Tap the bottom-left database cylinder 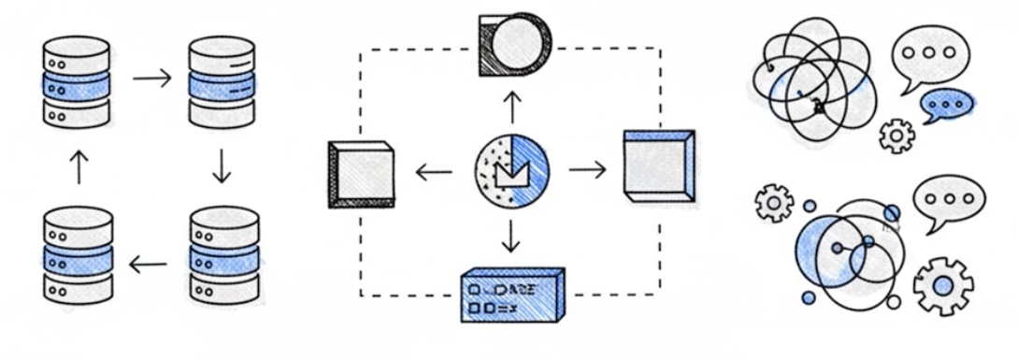79,254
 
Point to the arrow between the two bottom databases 148,265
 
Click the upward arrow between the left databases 79,167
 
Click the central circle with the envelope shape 511,171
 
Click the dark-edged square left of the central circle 362,173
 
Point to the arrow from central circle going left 433,171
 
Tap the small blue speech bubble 946,105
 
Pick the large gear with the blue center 942,284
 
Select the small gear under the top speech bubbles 897,137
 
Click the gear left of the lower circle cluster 774,202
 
